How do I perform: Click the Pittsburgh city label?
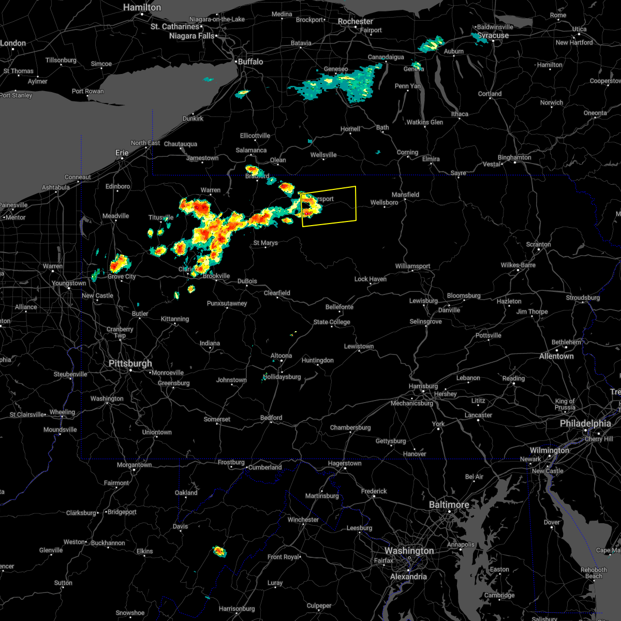click(130, 363)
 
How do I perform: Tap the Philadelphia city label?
click(585, 423)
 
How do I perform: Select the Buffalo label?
click(250, 62)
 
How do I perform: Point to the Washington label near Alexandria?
click(409, 551)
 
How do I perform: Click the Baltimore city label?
click(449, 505)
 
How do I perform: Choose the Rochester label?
click(355, 21)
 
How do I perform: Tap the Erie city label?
click(122, 153)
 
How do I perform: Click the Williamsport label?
click(412, 266)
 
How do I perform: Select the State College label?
click(332, 322)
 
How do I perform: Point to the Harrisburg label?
click(423, 386)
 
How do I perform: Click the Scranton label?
click(538, 244)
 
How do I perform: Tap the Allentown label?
click(556, 356)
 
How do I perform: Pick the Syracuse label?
click(493, 36)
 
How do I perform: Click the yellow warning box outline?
click(356, 204)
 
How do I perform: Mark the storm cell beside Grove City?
click(120, 263)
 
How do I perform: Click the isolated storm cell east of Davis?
click(220, 552)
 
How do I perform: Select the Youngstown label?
click(69, 283)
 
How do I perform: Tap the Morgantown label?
click(135, 465)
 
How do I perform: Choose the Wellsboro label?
click(384, 202)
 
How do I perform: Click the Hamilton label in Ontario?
click(142, 7)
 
